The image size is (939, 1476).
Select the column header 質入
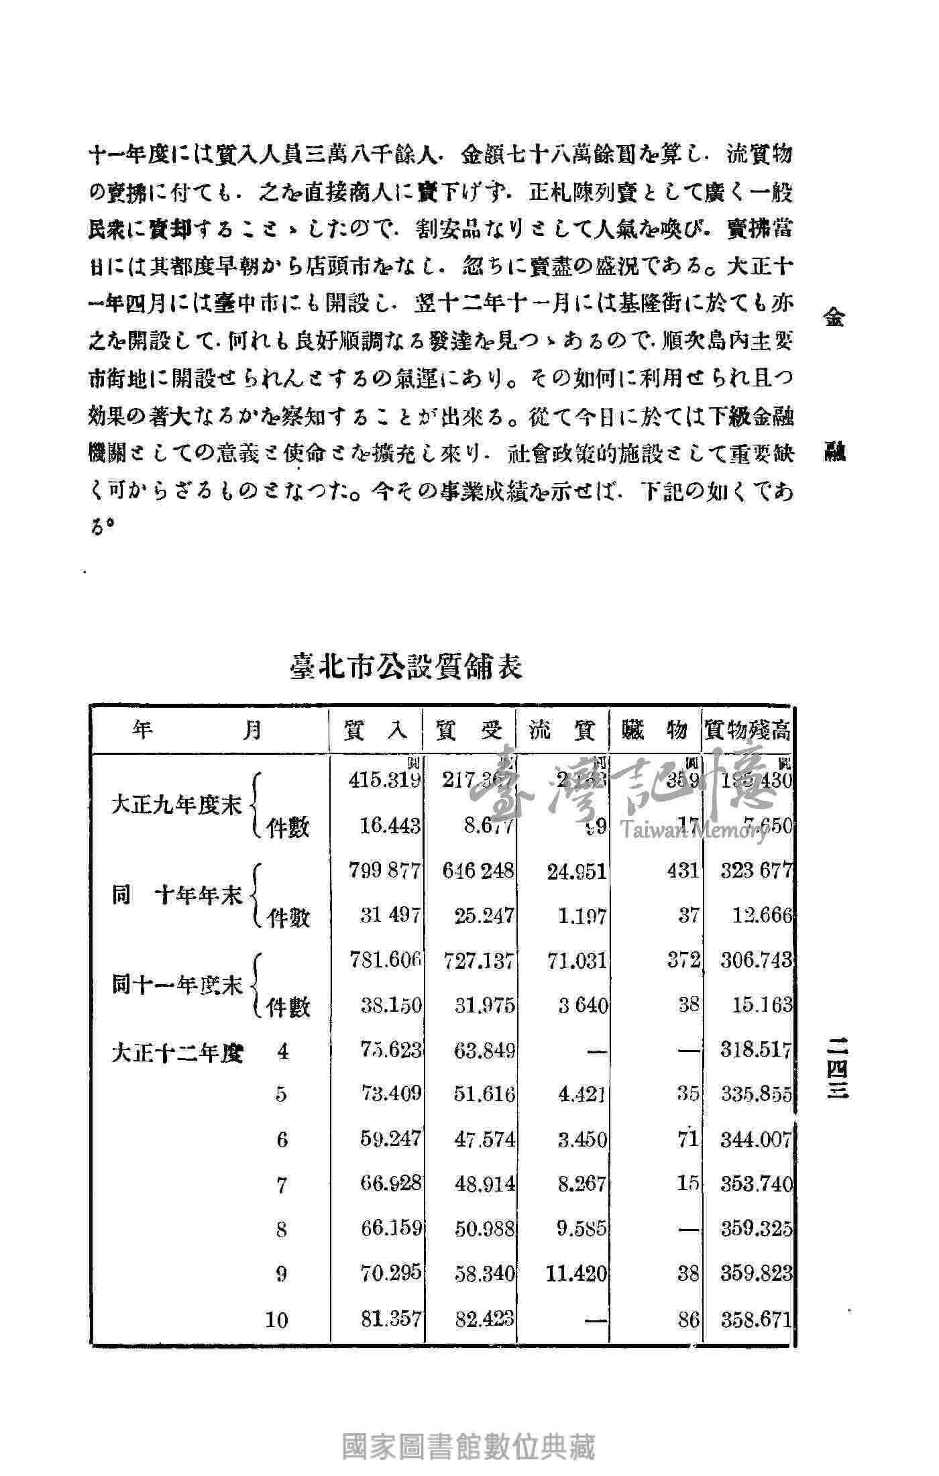375,730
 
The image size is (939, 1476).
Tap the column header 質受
469,730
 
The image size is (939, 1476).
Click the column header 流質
562,730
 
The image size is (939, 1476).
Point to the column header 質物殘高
747,730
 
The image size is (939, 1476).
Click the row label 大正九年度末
176,805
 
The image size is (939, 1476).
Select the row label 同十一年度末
177,986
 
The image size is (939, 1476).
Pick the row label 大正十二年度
178,1053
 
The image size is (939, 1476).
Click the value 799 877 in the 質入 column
384,871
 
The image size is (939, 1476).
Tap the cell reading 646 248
478,871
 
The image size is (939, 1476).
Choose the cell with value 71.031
576,961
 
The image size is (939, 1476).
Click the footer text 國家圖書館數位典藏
469,1446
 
